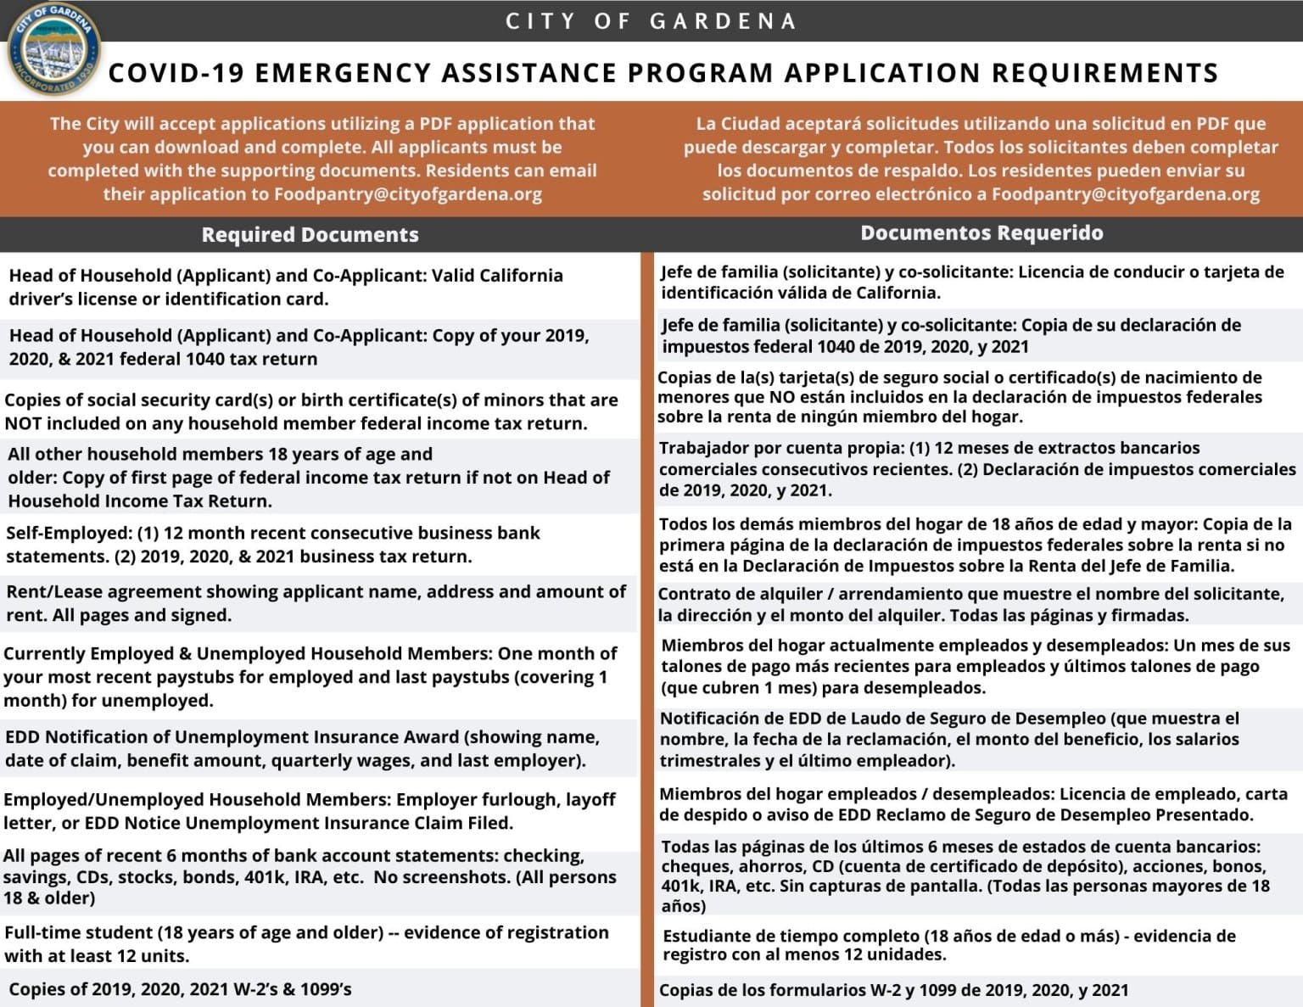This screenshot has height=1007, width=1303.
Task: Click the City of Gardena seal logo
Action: point(53,49)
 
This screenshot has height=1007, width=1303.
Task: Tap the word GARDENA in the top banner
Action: point(722,21)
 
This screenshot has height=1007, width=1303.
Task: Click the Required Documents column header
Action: point(310,235)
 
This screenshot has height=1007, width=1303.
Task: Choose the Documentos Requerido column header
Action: point(981,233)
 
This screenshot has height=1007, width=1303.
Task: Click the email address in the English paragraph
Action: point(407,194)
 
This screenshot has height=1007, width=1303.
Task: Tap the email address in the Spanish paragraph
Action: point(1125,194)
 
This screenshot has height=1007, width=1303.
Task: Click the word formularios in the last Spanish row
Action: point(791,991)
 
